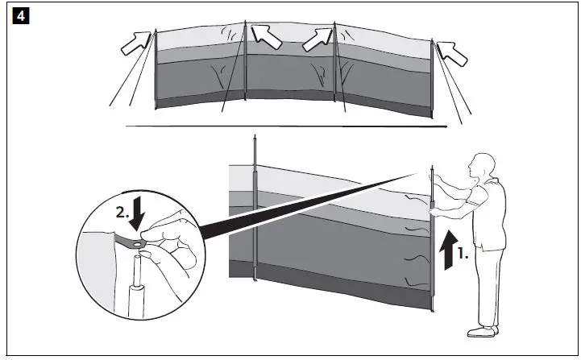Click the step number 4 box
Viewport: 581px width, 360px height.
[16, 16]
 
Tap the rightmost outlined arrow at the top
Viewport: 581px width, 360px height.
[453, 52]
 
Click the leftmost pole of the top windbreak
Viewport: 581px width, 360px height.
[155, 72]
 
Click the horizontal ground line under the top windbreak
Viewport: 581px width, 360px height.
[282, 126]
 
